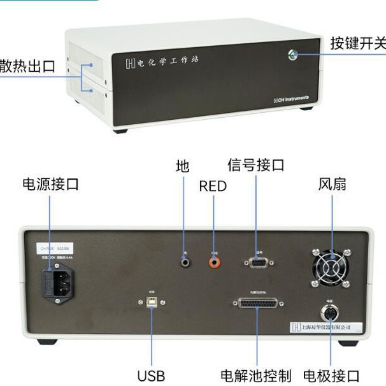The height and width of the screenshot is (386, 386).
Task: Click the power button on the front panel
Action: tap(292, 55)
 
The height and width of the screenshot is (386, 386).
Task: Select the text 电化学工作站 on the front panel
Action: tap(162, 62)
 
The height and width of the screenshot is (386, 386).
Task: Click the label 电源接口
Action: tap(50, 184)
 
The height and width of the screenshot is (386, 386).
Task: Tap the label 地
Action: tap(183, 167)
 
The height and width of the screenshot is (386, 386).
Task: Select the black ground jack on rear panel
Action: tap(185, 261)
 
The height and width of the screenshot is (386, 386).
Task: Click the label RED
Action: tap(213, 186)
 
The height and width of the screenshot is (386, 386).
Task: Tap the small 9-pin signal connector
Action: tap(257, 261)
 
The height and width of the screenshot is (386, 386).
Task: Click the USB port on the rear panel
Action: tap(152, 303)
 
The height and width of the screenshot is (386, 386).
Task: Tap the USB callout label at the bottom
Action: tap(151, 375)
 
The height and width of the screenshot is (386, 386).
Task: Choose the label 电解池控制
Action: tap(255, 375)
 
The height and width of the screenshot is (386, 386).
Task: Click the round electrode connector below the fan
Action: tap(330, 313)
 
